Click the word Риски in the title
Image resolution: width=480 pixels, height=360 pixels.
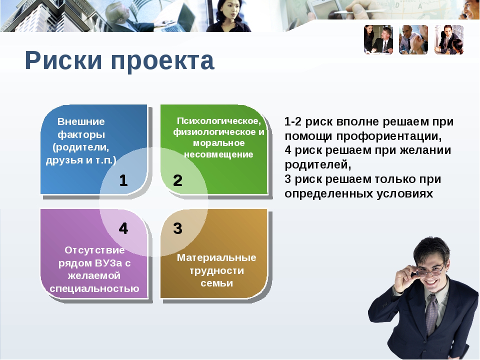(x=63, y=60)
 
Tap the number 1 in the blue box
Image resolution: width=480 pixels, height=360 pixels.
(x=123, y=180)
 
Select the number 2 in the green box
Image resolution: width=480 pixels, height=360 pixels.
(x=177, y=180)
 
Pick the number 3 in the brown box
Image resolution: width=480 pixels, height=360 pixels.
(x=177, y=228)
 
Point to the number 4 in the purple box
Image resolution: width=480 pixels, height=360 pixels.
(x=123, y=228)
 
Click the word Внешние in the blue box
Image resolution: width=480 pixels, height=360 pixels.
(x=81, y=121)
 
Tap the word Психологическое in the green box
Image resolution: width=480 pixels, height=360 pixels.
(x=219, y=121)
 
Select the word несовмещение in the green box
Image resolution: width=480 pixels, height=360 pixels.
(x=218, y=154)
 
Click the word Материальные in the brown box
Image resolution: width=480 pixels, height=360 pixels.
(x=216, y=257)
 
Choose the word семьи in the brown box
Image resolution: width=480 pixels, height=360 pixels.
(x=216, y=283)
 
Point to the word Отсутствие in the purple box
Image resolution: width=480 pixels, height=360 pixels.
(x=94, y=250)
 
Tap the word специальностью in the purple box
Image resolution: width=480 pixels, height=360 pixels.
(x=94, y=288)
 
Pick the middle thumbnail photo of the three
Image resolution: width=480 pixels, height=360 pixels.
(x=413, y=40)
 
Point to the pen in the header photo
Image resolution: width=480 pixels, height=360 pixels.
(x=358, y=11)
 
